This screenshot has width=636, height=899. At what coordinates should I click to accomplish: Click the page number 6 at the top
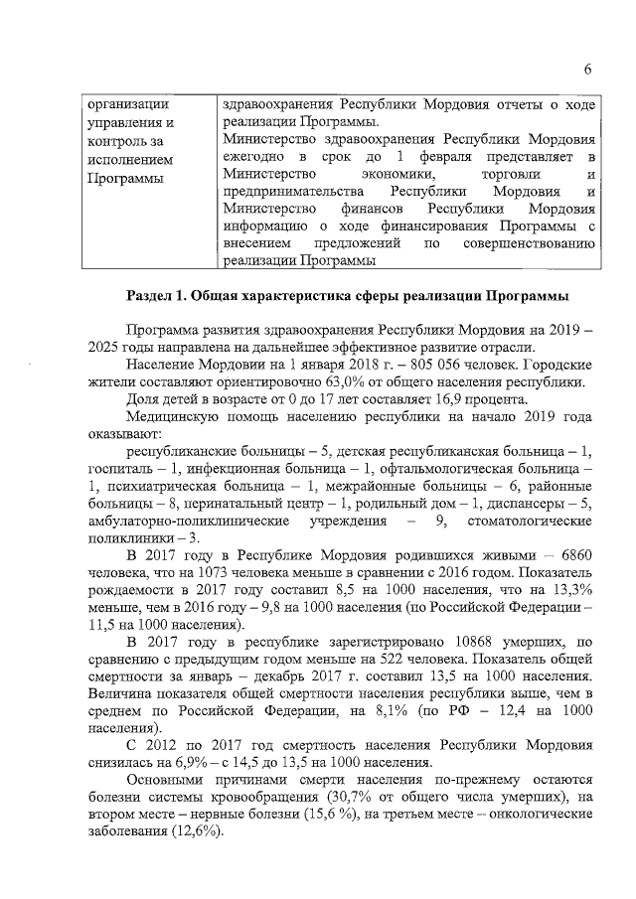[x=588, y=69]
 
